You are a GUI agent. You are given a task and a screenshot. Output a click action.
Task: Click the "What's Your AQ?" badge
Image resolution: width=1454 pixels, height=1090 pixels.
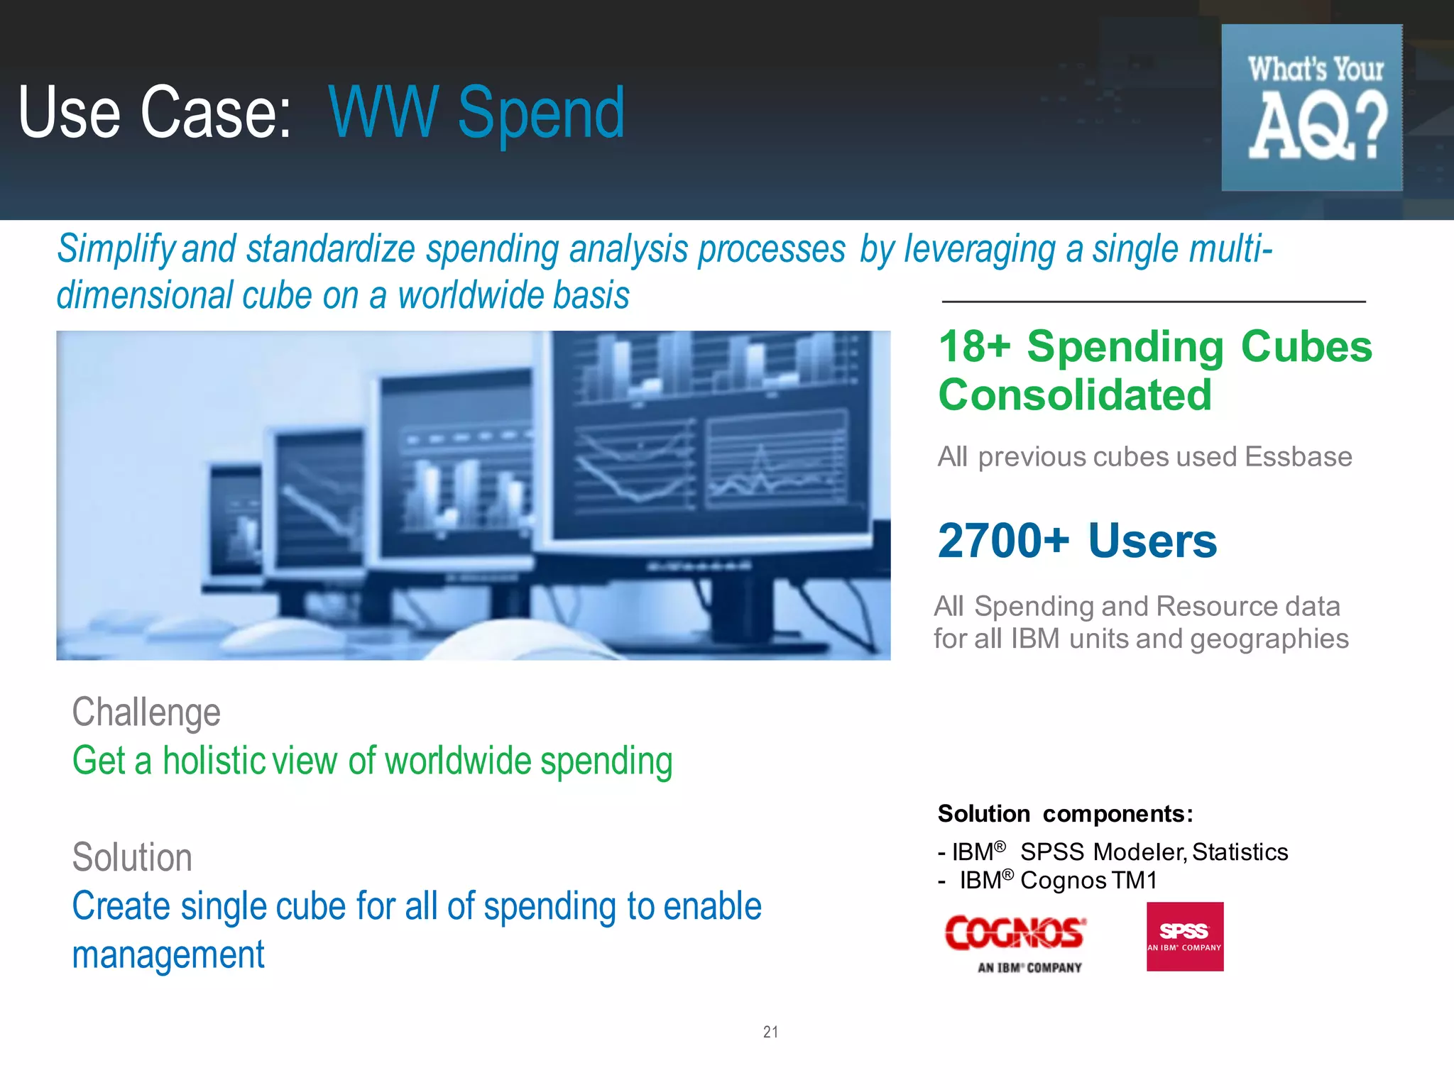point(1311,107)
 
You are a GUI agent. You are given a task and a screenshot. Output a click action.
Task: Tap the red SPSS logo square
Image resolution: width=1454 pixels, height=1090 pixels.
point(1184,936)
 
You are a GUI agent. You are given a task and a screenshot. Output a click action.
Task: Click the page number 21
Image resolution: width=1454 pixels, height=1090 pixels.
point(770,1032)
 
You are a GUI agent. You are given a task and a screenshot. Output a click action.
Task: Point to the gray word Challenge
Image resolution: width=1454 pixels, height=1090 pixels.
point(146,712)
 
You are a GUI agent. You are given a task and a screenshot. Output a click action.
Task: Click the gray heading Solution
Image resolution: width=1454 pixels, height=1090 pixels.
point(132,857)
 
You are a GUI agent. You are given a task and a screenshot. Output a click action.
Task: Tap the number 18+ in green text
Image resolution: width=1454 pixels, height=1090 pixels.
point(974,347)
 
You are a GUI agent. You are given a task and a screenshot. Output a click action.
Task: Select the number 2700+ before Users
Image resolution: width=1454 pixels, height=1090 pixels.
point(1003,541)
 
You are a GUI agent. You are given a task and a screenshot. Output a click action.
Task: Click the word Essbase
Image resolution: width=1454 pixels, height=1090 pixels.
point(1298,457)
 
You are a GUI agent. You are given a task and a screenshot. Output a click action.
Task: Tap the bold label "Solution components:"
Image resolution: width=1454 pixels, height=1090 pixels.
point(1065,814)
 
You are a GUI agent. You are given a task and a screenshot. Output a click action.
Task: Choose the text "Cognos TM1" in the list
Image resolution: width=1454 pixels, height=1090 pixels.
point(1088,881)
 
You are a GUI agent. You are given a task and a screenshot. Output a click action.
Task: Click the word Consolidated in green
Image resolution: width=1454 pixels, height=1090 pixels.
point(1075,395)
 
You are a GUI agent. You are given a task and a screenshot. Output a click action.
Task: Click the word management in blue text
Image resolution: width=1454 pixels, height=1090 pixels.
point(168,954)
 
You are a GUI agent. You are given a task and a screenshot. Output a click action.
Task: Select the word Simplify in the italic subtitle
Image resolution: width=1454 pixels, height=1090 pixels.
point(116,249)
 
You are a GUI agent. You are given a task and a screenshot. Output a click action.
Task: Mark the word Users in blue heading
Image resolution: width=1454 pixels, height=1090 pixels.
point(1152,541)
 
